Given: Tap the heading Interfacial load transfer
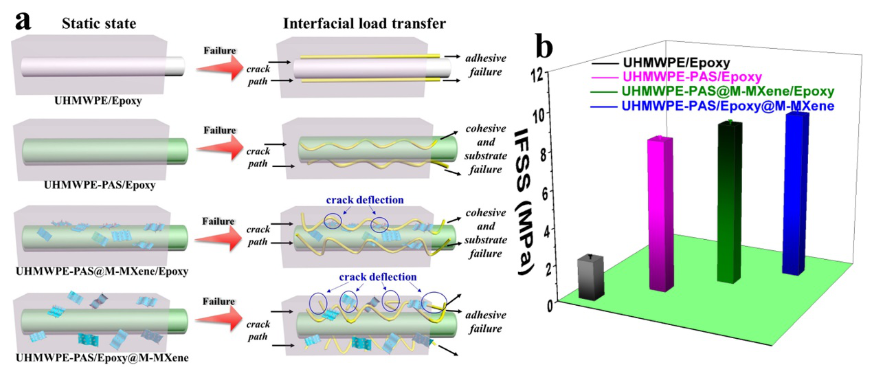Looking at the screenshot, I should point(364,24).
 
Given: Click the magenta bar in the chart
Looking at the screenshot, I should point(660,213).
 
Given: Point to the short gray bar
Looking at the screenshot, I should point(590,276).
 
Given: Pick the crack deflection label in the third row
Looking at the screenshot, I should point(365,200).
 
